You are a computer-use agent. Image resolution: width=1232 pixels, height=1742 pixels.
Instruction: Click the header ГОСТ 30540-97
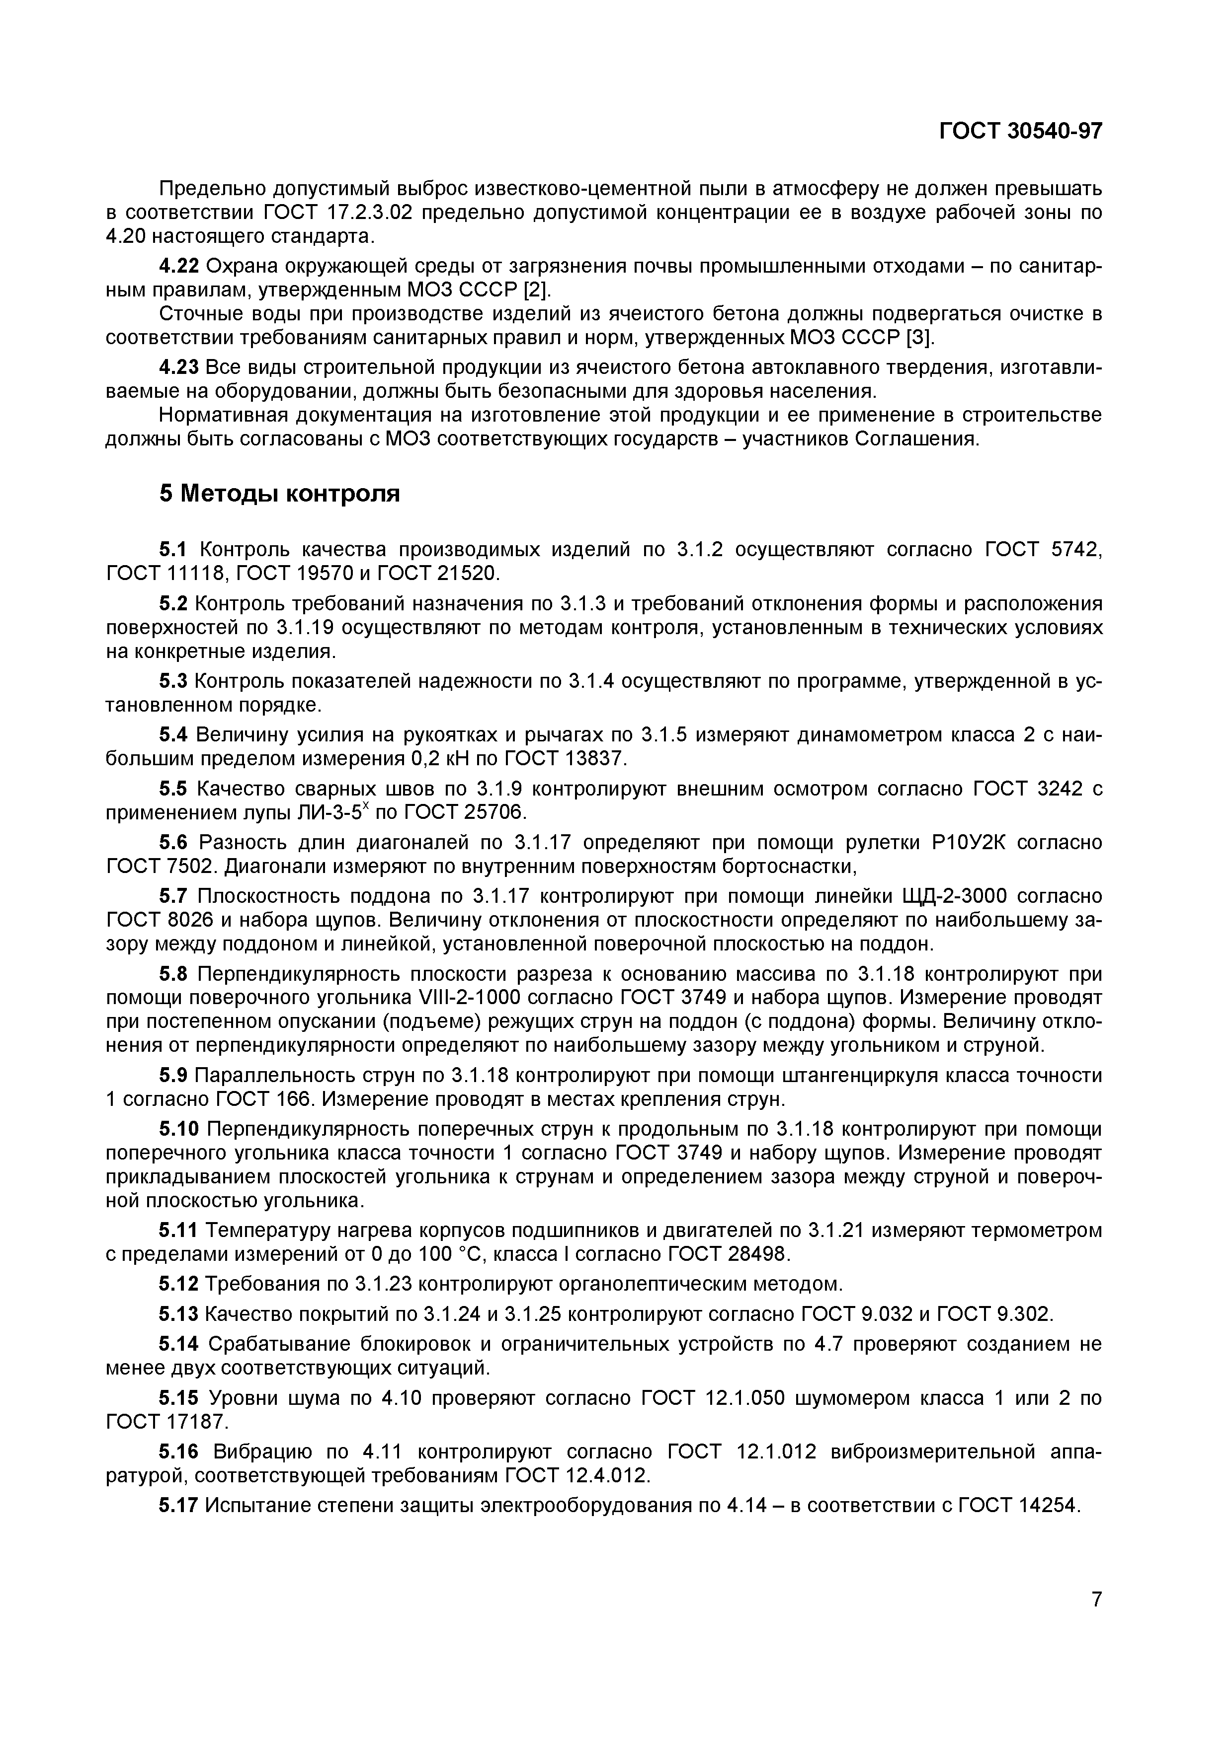pos(1020,131)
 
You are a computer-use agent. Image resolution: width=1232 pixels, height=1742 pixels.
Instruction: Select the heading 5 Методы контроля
pos(279,494)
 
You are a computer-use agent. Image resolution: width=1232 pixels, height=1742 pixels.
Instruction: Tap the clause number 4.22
pos(178,266)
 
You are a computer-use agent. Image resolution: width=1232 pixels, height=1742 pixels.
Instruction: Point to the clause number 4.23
pos(178,367)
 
